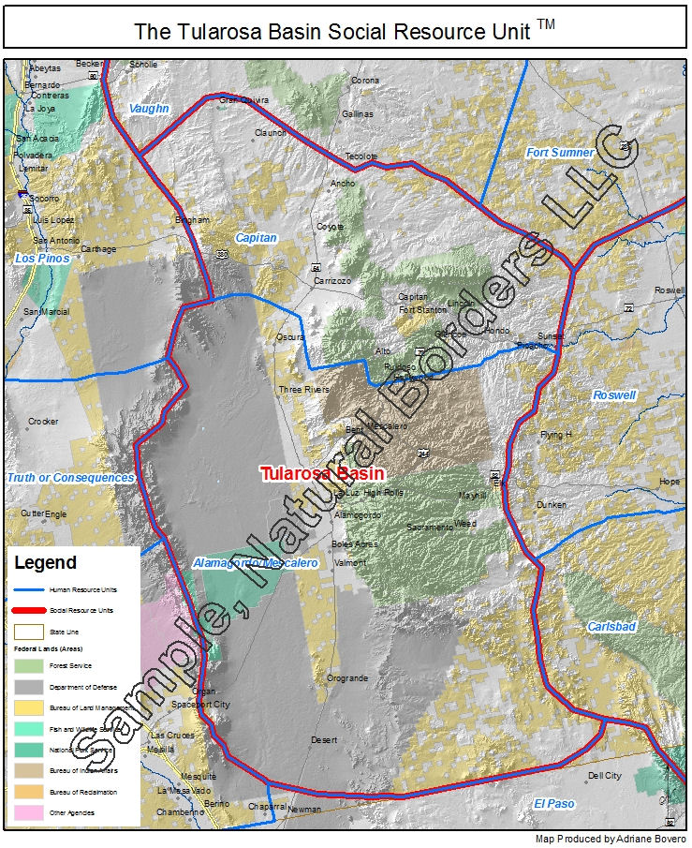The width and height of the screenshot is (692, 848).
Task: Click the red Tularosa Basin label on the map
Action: (x=322, y=473)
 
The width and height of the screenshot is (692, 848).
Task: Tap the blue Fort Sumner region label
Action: (x=560, y=153)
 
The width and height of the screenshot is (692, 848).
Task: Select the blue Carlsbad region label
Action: (x=611, y=626)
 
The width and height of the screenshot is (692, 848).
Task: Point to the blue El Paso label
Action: (x=554, y=804)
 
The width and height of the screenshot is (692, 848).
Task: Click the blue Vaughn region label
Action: (x=149, y=109)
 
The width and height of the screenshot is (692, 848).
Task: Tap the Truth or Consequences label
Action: (x=71, y=478)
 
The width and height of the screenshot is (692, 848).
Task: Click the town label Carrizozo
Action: (x=331, y=280)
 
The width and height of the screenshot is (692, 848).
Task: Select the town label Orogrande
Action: (x=347, y=678)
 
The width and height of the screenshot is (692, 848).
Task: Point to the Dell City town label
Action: (x=604, y=776)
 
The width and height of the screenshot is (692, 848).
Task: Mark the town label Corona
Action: (x=365, y=81)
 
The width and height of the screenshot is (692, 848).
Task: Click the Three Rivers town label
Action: (x=304, y=389)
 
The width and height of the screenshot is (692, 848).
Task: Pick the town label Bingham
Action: (x=193, y=220)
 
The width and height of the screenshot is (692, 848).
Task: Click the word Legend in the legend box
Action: (x=45, y=563)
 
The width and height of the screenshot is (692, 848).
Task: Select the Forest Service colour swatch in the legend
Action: (x=28, y=666)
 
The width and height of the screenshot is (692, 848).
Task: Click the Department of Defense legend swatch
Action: (x=28, y=687)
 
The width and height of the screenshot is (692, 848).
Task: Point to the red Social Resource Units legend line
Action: (x=28, y=611)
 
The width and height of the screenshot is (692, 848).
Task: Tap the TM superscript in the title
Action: (x=546, y=24)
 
